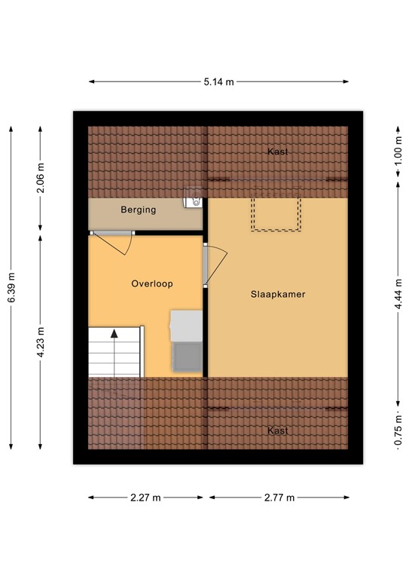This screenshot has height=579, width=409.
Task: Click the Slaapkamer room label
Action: pos(278,295)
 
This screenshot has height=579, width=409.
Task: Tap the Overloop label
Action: pos(152,284)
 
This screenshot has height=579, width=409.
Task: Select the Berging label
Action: pos(139,210)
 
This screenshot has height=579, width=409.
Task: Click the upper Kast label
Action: pos(278,152)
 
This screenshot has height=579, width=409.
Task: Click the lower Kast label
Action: pos(278,430)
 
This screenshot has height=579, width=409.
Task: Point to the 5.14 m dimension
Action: pos(219,81)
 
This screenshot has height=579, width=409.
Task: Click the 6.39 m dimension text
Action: pos(11,286)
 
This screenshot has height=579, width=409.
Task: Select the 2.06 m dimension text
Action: pos(41,178)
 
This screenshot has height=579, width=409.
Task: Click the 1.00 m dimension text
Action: pos(398,150)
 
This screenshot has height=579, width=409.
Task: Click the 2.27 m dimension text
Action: pos(145,498)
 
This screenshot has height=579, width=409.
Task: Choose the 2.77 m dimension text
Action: pos(278,498)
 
